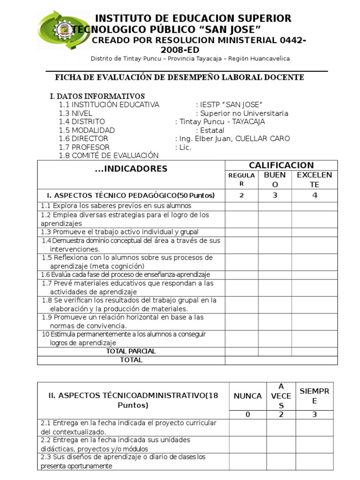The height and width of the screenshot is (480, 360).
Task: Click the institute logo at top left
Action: point(57,31)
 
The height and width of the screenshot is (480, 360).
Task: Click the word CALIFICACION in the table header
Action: point(281,165)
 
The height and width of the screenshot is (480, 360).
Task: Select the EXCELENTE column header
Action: point(315,180)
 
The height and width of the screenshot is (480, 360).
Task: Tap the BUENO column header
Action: point(275,180)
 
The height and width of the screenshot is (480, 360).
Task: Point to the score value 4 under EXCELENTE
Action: point(315,195)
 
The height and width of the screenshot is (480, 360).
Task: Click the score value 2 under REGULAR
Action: point(241,195)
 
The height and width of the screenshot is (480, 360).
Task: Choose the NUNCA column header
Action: point(247,396)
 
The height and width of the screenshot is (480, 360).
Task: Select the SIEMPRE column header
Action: point(315,396)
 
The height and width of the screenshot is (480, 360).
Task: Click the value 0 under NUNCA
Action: point(247,414)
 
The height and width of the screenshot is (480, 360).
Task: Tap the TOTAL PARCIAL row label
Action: point(131,351)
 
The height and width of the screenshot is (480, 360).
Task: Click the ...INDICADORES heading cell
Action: point(131,169)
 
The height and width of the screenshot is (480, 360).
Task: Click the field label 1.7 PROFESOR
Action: point(84,147)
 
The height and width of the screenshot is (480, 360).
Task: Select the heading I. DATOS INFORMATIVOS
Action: point(97,96)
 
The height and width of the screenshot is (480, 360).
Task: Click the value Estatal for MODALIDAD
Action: point(212,130)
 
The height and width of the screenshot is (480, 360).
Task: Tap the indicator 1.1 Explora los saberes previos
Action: point(116,206)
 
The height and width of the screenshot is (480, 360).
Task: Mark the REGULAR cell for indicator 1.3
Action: point(241,232)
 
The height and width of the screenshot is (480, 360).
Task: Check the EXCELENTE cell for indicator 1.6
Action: point(315,275)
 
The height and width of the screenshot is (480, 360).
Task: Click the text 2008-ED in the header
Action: point(180,50)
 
